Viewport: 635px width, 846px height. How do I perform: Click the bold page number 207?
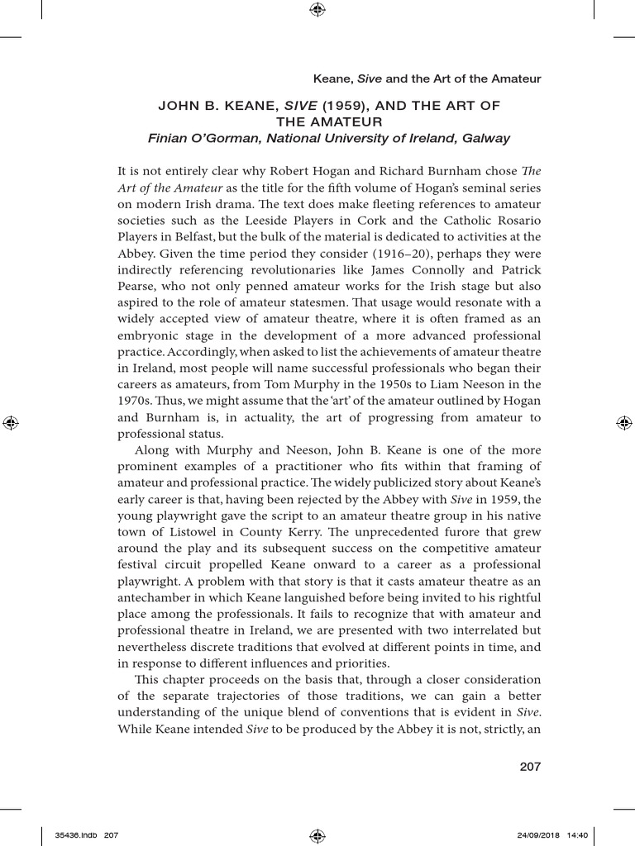[530, 767]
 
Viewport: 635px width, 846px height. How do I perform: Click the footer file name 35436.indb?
[74, 835]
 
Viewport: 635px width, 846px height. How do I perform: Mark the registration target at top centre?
[317, 10]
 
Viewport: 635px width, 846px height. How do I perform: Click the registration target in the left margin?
[11, 423]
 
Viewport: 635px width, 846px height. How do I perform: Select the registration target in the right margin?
[623, 423]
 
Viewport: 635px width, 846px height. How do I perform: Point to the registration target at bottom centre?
[317, 835]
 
